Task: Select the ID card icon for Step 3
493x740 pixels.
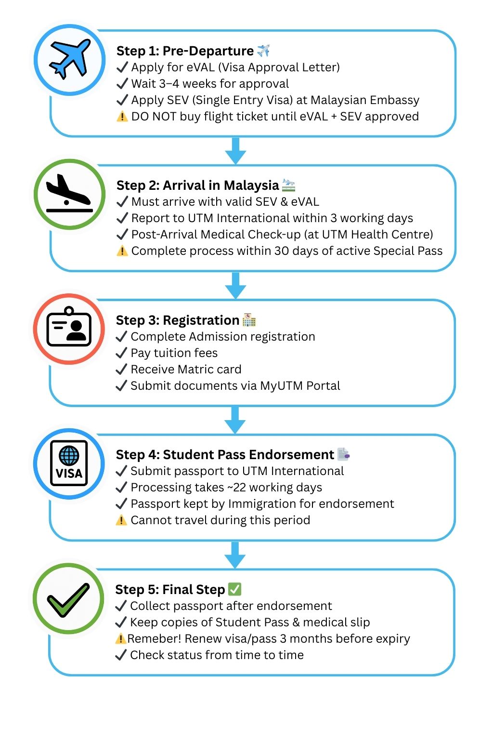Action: [69, 328]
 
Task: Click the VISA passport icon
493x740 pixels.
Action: [69, 463]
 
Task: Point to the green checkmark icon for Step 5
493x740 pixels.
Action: [68, 598]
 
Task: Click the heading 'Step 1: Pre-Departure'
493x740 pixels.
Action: [185, 51]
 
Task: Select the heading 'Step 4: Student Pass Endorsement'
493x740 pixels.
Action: [225, 455]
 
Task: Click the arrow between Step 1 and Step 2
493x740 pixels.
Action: [235, 150]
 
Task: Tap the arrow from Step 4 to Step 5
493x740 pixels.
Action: [235, 555]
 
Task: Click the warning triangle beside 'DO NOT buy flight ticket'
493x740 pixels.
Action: [122, 117]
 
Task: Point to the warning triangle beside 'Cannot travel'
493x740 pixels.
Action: [122, 520]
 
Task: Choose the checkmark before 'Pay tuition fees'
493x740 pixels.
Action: [122, 353]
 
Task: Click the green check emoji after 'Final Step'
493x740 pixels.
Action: [234, 589]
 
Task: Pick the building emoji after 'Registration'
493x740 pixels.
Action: [249, 320]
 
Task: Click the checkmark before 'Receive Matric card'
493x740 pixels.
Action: [122, 370]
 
